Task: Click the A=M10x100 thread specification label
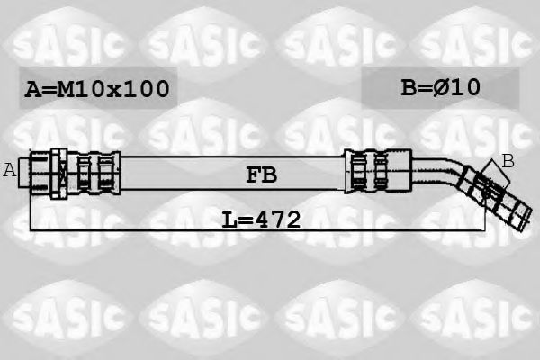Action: (97, 88)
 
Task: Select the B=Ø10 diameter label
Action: (440, 86)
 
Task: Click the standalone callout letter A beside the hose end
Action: (10, 169)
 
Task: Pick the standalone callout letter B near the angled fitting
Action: (508, 161)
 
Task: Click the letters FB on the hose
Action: (260, 175)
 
